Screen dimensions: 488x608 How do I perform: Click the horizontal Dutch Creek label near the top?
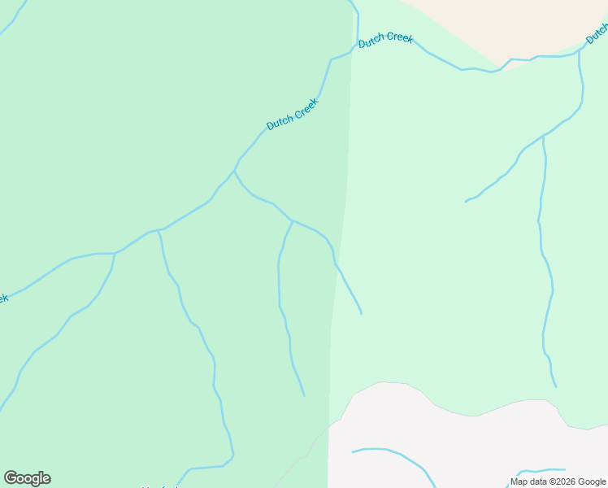point(386,39)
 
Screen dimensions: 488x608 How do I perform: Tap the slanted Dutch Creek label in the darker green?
point(293,114)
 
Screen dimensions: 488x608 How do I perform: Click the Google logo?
point(27,478)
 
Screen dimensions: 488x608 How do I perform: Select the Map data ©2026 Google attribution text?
point(558,481)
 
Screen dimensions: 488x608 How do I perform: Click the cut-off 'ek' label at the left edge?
point(2,298)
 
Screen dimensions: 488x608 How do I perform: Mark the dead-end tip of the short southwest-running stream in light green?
point(466,201)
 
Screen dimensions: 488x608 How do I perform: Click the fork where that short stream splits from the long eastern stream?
point(543,135)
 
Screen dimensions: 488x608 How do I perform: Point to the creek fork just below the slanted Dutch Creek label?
point(234,172)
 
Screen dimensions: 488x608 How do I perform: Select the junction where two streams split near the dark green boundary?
point(292,220)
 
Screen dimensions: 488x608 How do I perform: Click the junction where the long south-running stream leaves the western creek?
point(159,231)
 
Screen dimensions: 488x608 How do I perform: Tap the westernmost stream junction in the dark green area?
point(115,253)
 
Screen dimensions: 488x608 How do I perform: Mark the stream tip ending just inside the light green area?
point(361,313)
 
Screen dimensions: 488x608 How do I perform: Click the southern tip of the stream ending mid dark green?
point(304,396)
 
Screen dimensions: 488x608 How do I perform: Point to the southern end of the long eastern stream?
point(556,386)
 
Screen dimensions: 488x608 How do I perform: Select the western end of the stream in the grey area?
point(353,451)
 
